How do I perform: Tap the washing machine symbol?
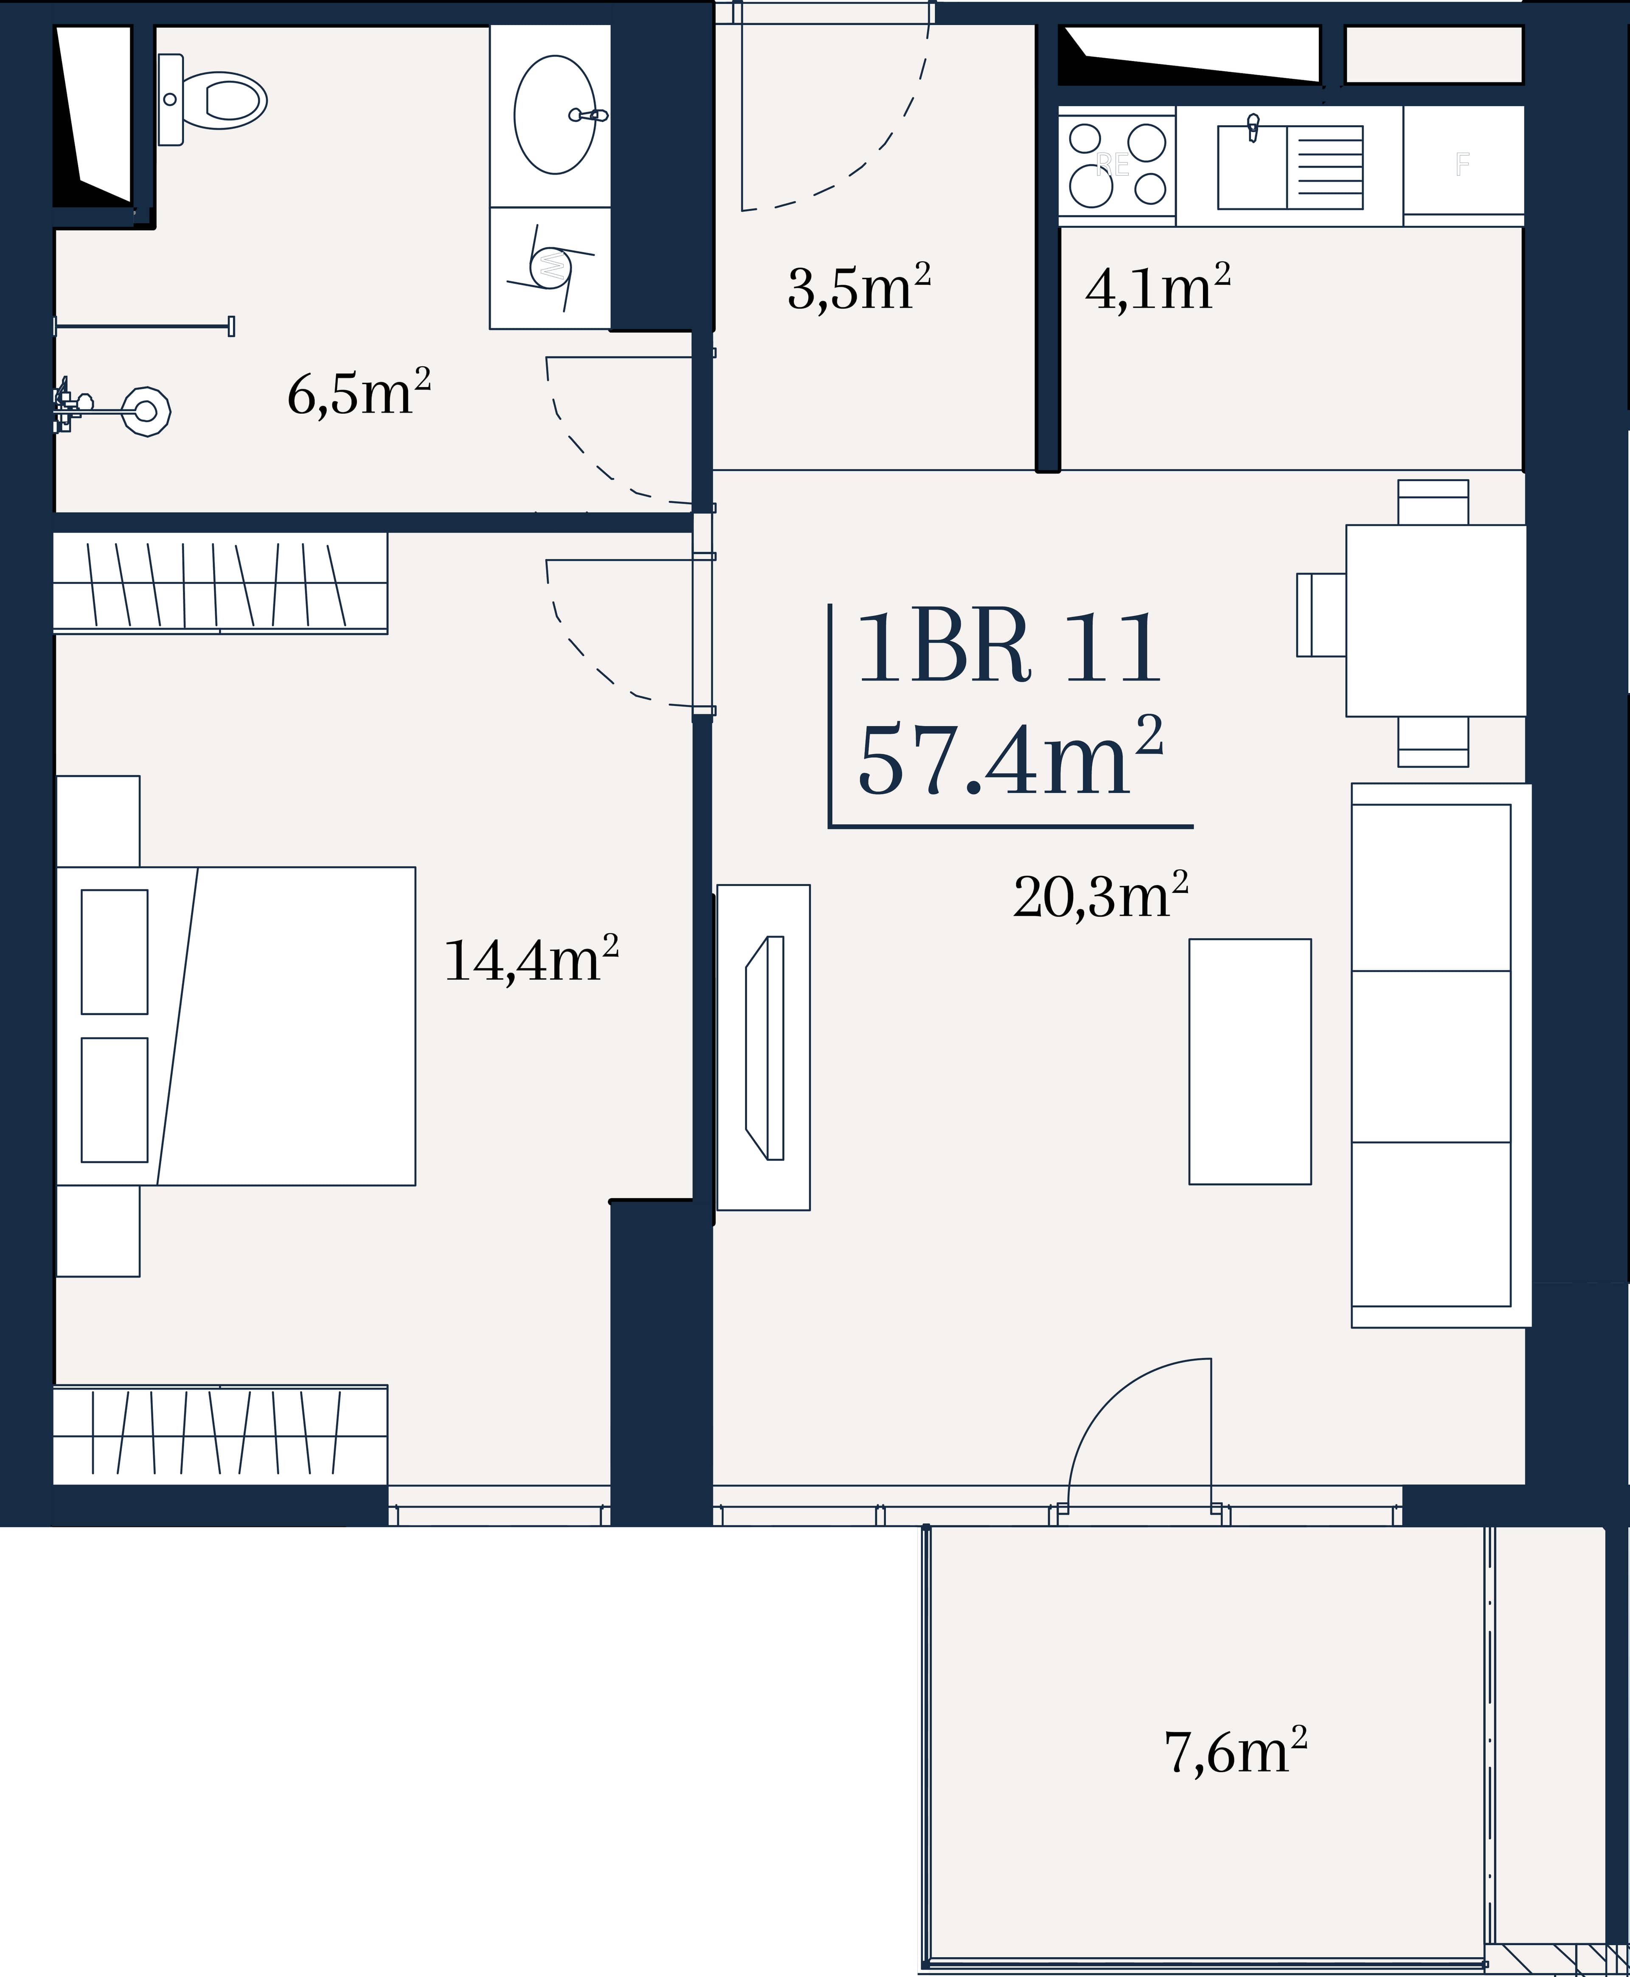coord(550,267)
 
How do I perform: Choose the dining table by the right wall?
coord(1436,620)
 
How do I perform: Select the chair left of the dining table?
coord(1321,615)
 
